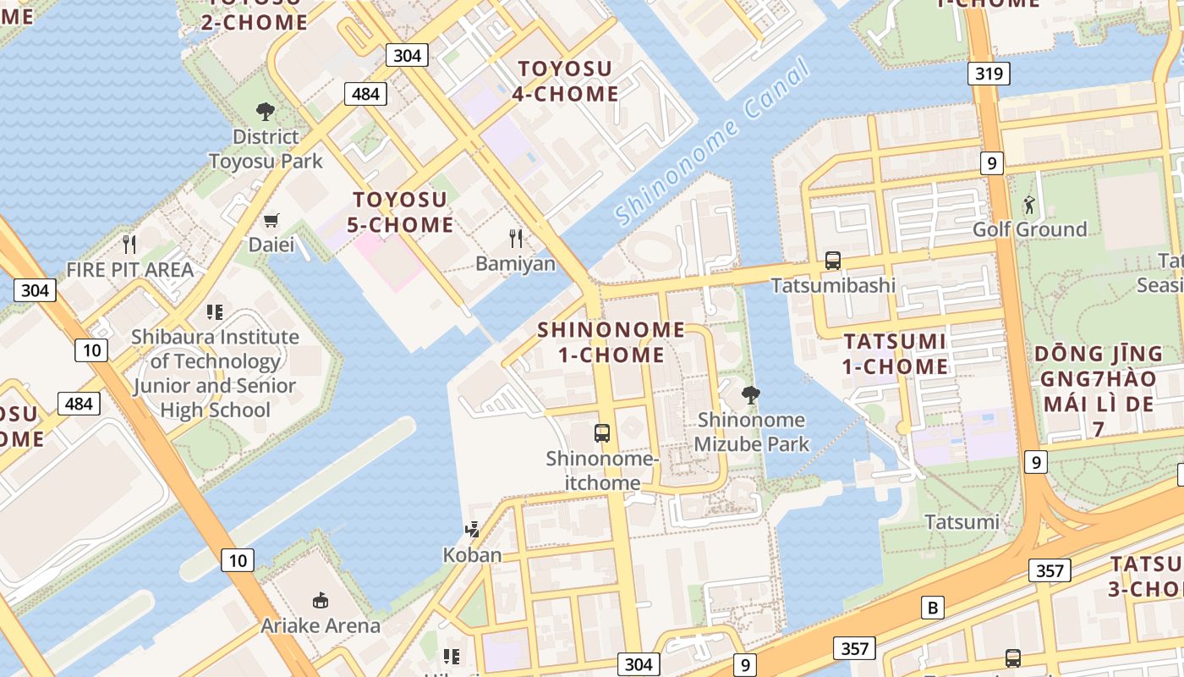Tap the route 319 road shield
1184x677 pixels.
click(x=989, y=74)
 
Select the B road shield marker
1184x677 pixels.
click(x=932, y=608)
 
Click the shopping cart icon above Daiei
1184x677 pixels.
click(x=271, y=221)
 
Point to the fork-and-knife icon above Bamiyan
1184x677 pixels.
click(x=516, y=239)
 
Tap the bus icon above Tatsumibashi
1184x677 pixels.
click(x=833, y=261)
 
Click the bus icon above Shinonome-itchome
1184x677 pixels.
click(x=602, y=433)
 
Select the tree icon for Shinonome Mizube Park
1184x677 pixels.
click(x=750, y=394)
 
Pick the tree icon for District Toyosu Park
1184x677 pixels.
click(x=266, y=112)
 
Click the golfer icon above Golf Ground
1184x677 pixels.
click(x=1029, y=205)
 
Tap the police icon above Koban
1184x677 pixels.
click(x=473, y=530)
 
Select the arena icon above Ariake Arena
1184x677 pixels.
click(x=321, y=601)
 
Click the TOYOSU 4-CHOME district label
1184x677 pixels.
click(x=565, y=81)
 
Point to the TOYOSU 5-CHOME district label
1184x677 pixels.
click(x=401, y=212)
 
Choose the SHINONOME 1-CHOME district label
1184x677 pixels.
click(x=611, y=342)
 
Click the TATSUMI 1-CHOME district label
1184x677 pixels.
click(x=896, y=354)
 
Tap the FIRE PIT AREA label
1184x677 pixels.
click(x=130, y=270)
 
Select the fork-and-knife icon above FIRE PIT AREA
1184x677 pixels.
click(x=129, y=245)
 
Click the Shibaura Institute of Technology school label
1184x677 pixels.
click(x=215, y=373)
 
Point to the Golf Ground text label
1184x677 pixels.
click(x=1029, y=229)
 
